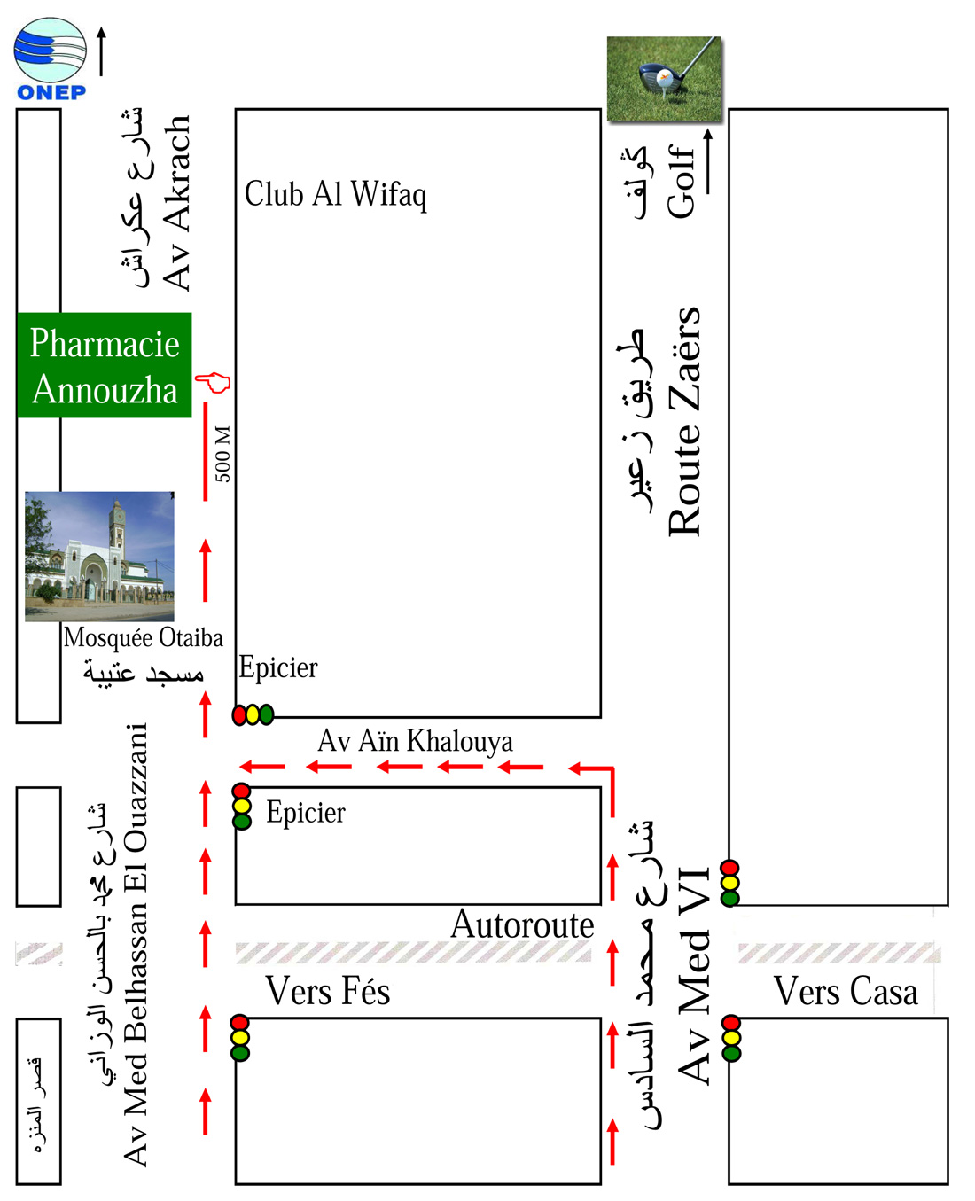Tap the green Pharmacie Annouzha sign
tap(105, 365)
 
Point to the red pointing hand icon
tap(213, 383)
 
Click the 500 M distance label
tap(222, 454)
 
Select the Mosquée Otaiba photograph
tap(99, 557)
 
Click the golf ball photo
tap(663, 79)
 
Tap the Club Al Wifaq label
tap(335, 195)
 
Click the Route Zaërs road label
tap(685, 421)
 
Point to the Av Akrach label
tap(176, 202)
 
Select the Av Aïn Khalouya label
tap(415, 741)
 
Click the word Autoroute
tap(522, 925)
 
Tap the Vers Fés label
tap(328, 991)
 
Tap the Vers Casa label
tap(846, 991)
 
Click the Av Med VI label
tap(695, 975)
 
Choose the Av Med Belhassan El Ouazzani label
tap(136, 944)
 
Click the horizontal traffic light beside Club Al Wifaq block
tap(253, 714)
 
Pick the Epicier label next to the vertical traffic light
tap(305, 813)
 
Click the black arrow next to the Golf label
tap(708, 161)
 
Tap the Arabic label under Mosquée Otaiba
tap(144, 673)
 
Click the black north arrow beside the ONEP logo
tap(102, 51)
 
